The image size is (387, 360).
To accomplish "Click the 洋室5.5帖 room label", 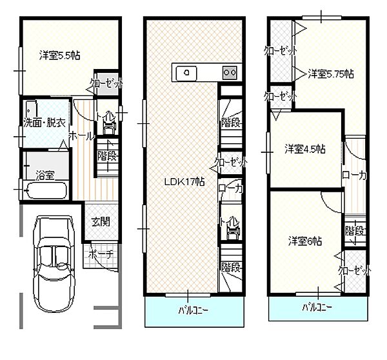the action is tap(60, 55).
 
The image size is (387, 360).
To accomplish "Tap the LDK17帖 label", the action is tap(184, 182).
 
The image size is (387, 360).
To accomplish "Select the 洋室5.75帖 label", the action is tap(331, 74).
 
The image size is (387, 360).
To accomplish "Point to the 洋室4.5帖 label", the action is tap(305, 149).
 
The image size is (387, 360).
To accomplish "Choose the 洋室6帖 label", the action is tap(305, 241).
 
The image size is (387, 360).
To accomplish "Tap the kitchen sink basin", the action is tap(186, 73).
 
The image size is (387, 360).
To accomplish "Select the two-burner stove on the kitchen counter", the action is tap(230, 73).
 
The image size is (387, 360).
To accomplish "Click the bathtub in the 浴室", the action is tap(46, 190).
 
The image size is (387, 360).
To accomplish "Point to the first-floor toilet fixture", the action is tap(110, 125).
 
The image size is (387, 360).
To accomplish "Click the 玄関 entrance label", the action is tap(101, 222).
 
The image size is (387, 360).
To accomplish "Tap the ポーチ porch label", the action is tap(101, 254).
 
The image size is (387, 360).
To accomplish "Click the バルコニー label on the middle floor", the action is tap(193, 310).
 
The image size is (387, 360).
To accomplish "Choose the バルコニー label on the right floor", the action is tap(317, 307).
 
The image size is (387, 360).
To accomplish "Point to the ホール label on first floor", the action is tap(81, 135).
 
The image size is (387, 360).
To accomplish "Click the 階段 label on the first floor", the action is tap(108, 156).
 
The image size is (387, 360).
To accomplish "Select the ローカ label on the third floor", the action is tap(354, 175).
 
